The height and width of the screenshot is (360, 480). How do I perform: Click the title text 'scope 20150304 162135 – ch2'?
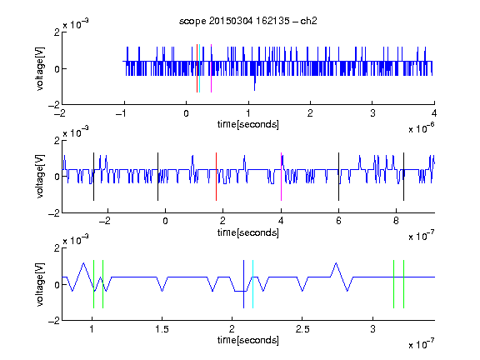coord(248,21)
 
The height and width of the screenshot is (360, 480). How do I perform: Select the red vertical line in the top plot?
coord(197,68)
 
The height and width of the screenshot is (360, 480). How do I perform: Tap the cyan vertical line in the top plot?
coord(200,68)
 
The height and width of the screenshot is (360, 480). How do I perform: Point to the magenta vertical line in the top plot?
coord(211,68)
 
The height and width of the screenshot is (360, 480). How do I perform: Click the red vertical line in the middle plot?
coord(216,177)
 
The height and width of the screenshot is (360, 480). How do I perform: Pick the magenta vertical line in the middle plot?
coord(281,177)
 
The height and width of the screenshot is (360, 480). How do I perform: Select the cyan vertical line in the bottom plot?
coord(252,284)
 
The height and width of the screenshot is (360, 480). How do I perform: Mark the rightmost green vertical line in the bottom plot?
coord(404,284)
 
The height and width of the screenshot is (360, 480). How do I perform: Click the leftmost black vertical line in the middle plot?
coord(93,177)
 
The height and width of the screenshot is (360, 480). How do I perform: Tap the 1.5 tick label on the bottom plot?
coord(162,329)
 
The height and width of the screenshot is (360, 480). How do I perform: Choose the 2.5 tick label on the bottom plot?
coord(302,329)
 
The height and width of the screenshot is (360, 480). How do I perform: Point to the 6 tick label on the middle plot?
coord(338,221)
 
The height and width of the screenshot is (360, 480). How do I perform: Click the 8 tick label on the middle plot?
coord(396,221)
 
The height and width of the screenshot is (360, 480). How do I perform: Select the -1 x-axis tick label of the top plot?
coord(122,113)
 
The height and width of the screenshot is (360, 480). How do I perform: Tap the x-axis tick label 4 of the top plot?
coord(434,113)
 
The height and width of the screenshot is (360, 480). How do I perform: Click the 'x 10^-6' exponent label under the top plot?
coord(422,128)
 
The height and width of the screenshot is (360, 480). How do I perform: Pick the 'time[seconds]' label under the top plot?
coord(248,124)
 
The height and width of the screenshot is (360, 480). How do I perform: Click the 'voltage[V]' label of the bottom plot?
coord(40,284)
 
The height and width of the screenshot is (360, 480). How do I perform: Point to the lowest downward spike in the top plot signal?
coord(254,90)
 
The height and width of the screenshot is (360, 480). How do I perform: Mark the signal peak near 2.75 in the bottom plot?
coord(337,263)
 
